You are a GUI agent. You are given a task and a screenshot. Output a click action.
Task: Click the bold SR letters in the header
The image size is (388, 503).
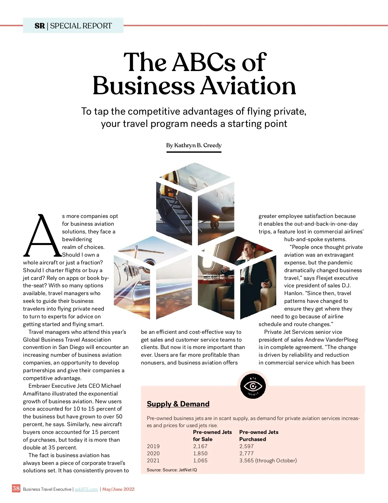tap(39, 26)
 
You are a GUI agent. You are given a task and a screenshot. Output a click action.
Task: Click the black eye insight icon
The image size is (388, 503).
tap(253, 386)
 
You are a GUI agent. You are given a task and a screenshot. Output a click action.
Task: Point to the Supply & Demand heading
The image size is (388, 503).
tap(178, 404)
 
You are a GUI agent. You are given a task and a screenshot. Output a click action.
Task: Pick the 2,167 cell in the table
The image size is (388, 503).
tap(200, 446)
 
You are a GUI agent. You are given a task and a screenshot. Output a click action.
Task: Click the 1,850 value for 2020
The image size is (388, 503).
tap(200, 453)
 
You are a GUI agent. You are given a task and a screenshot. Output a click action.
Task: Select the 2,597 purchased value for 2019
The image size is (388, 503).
tap(246, 446)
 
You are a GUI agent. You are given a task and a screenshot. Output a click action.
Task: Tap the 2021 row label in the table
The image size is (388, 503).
tap(153, 460)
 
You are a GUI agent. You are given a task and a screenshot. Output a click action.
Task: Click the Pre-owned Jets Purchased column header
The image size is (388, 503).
tap(259, 436)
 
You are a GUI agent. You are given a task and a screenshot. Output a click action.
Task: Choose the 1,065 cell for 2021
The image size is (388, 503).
tap(200, 460)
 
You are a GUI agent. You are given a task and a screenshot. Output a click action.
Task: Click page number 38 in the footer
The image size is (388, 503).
tap(16, 488)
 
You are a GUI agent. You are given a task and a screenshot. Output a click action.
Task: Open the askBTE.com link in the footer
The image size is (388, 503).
tap(86, 489)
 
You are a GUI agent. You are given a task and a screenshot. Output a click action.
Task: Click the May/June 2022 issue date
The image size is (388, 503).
tap(118, 489)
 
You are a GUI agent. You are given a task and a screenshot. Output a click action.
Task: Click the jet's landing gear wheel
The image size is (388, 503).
tap(214, 223)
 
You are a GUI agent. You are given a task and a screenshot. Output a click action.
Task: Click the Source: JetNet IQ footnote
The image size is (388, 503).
tap(172, 470)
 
